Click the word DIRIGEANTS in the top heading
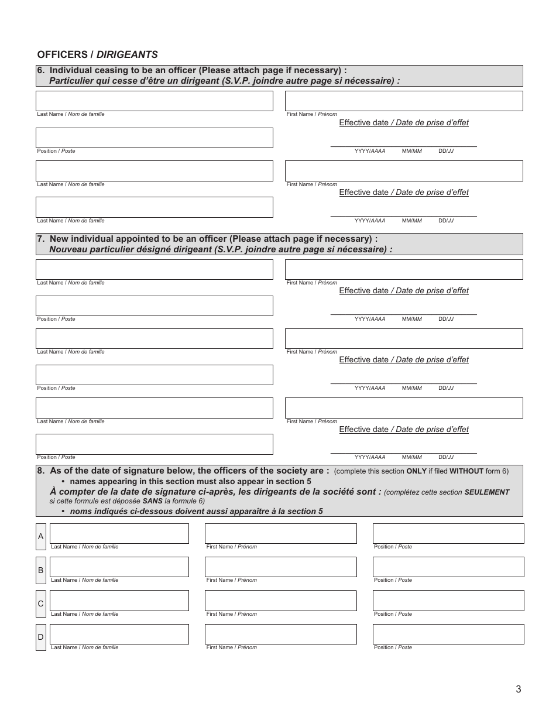pyautogui.click(x=127, y=54)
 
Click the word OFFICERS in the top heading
pyautogui.click(x=63, y=54)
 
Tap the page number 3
pyautogui.click(x=518, y=689)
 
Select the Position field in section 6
pyautogui.click(x=155, y=138)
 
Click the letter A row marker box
pyautogui.click(x=40, y=537)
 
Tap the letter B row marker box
pyautogui.click(x=40, y=570)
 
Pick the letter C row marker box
pyautogui.click(x=40, y=604)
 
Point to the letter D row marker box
pyautogui.click(x=40, y=637)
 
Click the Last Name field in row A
pyautogui.click(x=119, y=533)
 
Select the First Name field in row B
pyautogui.click(x=280, y=567)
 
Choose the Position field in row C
pyautogui.click(x=448, y=601)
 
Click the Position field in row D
pyautogui.click(x=448, y=634)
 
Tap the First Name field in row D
pyautogui.click(x=280, y=634)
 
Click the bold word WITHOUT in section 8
pyautogui.click(x=466, y=471)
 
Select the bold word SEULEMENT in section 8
pyautogui.click(x=486, y=492)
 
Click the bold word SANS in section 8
pyautogui.click(x=152, y=501)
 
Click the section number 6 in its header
pyautogui.click(x=40, y=70)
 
